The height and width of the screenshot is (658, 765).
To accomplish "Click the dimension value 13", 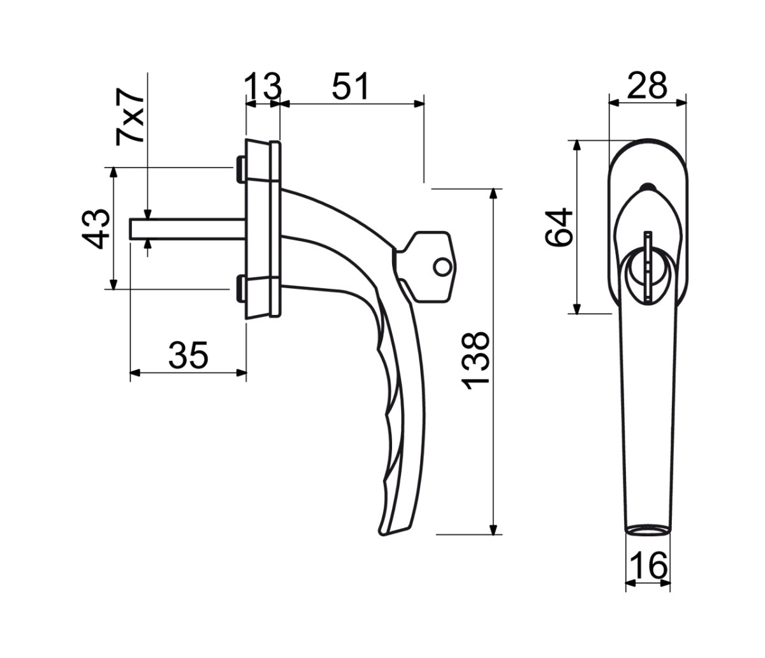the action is tap(263, 86).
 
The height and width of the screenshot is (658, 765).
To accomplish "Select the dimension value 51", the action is tap(350, 86).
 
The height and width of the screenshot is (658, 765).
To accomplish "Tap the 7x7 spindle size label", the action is tap(129, 117).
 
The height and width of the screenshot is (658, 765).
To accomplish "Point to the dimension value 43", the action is tap(96, 229).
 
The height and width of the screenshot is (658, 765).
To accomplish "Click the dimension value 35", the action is tap(189, 355).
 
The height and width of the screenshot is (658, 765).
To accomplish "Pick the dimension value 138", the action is tap(476, 361).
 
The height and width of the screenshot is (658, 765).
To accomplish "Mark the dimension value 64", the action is tap(559, 227).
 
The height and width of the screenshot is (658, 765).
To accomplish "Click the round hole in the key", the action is tap(442, 267).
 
